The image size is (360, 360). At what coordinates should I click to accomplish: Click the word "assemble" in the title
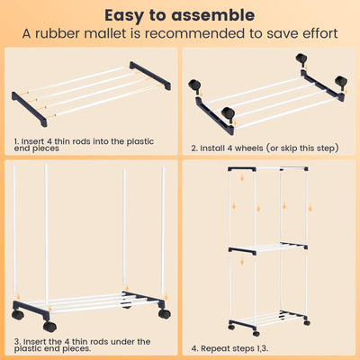213,15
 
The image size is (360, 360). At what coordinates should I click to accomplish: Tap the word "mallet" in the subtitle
105,33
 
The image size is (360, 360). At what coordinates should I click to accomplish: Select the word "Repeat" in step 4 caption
218,348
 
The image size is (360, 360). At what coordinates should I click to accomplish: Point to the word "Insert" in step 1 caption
33,141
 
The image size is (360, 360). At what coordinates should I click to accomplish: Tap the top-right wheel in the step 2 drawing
301,58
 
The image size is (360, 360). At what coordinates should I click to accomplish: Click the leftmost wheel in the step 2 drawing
194,85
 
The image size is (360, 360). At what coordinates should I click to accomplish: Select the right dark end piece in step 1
150,76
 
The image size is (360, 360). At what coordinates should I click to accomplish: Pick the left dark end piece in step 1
30,109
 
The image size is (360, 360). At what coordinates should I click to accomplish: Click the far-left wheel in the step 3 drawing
18,315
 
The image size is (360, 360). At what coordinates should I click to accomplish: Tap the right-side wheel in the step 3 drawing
165,313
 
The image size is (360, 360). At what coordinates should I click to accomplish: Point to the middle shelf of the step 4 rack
268,248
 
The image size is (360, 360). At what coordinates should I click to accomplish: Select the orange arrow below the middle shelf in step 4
242,262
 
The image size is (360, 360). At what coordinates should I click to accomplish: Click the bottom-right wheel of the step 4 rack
307,323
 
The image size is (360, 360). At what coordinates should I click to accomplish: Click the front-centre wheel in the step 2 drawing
228,113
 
